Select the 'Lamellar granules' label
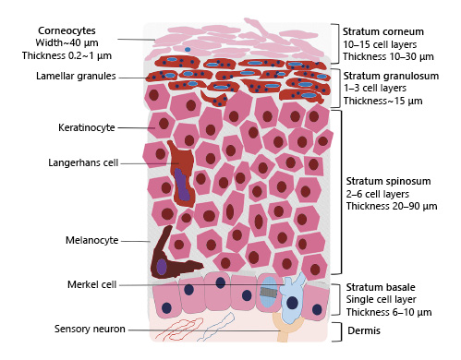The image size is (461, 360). coord(76,77)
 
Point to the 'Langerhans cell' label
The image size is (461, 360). coord(83,162)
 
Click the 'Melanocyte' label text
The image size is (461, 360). coord(91,240)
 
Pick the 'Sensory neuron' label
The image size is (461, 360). coord(90,329)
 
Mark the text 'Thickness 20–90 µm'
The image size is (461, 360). coord(391,206)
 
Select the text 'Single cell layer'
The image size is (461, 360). coord(380,300)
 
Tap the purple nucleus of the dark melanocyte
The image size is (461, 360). coord(162,267)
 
